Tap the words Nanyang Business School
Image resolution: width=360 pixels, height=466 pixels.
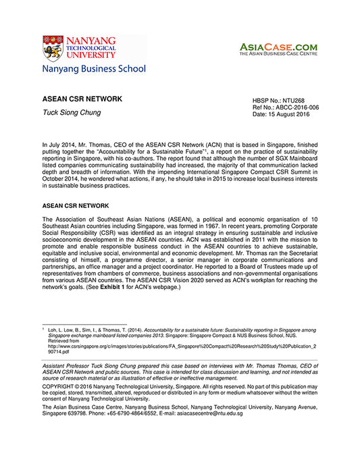pyautogui.click(x=93, y=69)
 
